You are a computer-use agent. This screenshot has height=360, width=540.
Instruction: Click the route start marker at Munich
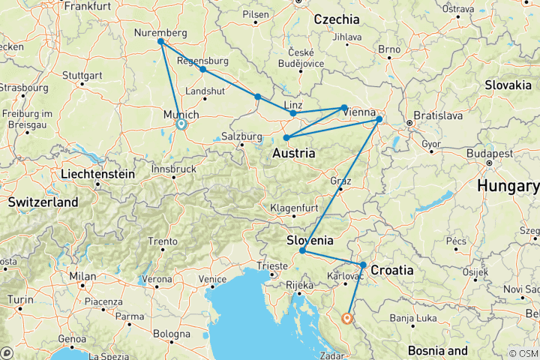click(x=181, y=124)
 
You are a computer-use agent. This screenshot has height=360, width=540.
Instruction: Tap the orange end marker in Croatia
click(x=346, y=318)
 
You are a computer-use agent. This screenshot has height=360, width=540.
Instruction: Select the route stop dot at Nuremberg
click(x=161, y=42)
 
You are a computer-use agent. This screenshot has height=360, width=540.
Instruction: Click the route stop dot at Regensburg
click(x=202, y=69)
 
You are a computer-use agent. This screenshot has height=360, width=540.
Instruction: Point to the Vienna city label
click(x=361, y=112)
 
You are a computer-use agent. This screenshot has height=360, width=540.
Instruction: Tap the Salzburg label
click(x=241, y=136)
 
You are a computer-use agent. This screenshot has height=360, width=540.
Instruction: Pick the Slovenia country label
click(x=310, y=241)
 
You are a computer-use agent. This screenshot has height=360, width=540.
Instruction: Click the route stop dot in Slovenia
click(x=301, y=250)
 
